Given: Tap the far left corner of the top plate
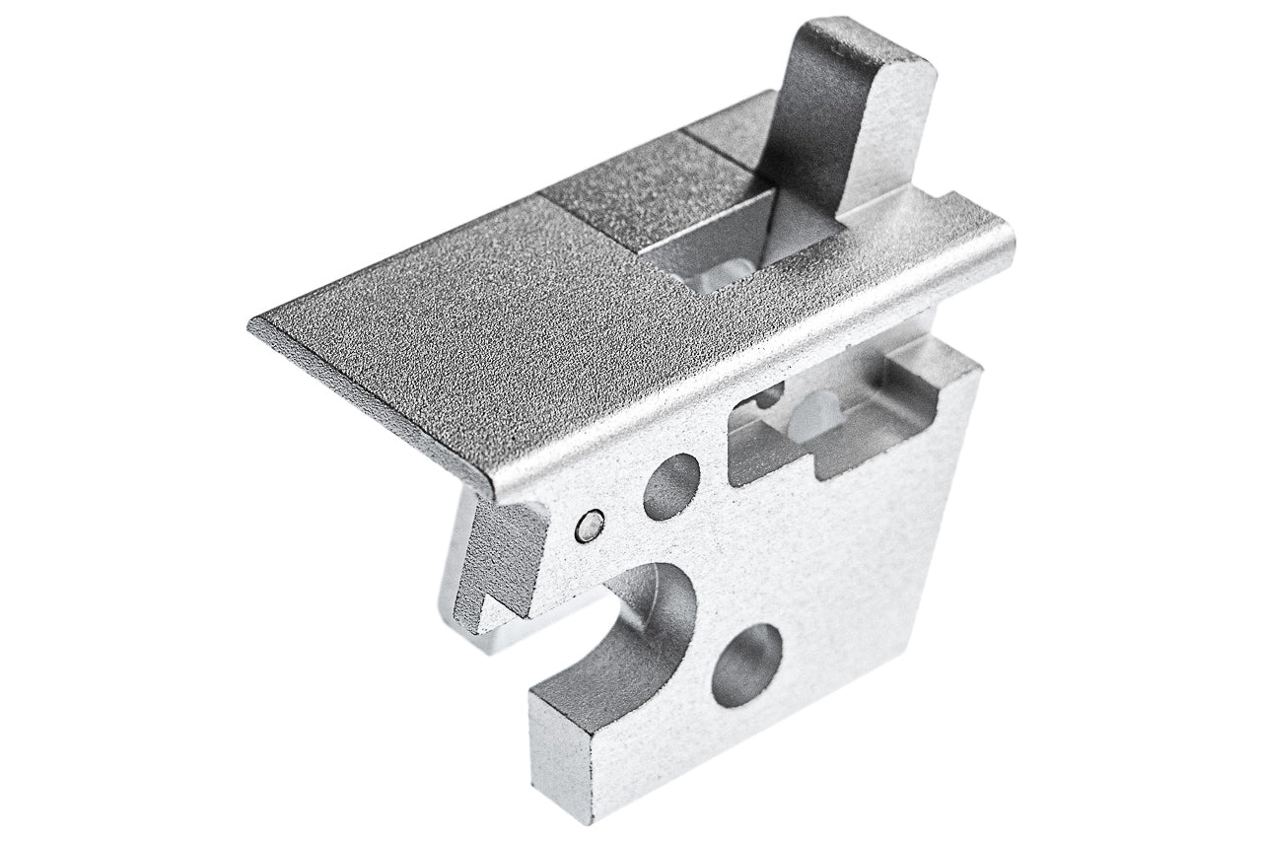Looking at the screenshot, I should tap(254, 323).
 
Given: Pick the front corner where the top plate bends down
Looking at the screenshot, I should tap(490, 483).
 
